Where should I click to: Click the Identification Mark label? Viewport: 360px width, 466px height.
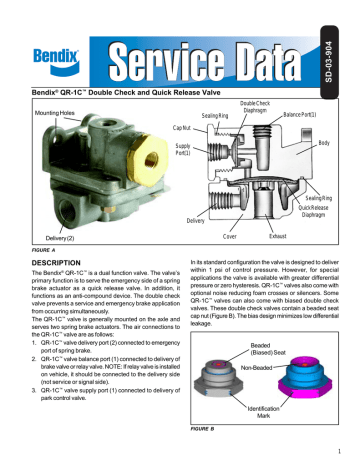tap(255, 411)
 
